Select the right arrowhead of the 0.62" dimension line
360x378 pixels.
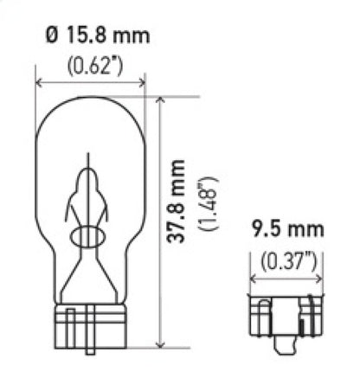tap(145, 84)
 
